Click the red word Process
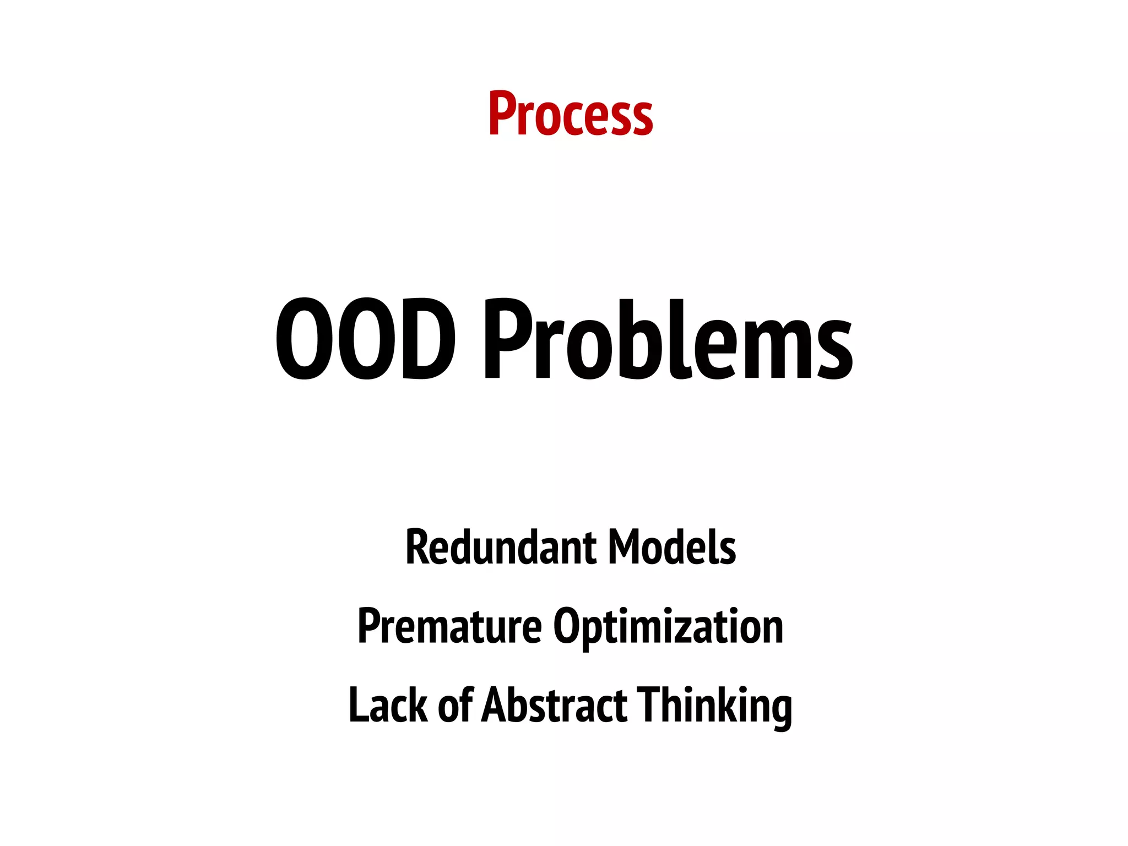(x=571, y=115)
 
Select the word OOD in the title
(x=365, y=339)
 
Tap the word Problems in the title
(x=668, y=339)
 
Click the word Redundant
(x=501, y=547)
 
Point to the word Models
(x=672, y=547)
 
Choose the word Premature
(x=449, y=626)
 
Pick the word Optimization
(x=668, y=627)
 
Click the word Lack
(x=388, y=706)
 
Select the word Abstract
(x=554, y=706)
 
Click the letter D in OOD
(x=429, y=339)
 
